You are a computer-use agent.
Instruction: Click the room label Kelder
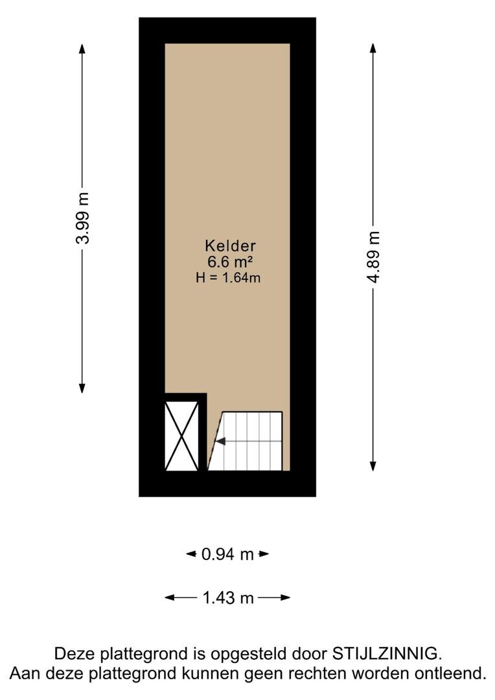pos(230,246)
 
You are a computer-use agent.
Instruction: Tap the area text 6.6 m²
pos(230,262)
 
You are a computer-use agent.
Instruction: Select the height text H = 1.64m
pos(228,277)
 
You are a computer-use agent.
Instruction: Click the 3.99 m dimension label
pos(82,218)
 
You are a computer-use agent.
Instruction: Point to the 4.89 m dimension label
pos(373,257)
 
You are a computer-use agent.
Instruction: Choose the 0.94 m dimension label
pos(227,554)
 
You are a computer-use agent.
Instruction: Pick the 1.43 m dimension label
pos(228,598)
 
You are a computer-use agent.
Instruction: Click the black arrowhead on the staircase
pos(220,441)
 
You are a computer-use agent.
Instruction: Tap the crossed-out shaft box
pos(181,436)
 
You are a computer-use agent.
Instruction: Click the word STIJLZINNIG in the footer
pos(387,653)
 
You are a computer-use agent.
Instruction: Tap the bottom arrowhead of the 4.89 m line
pos(373,466)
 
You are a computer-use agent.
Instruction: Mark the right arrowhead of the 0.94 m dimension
pos(264,554)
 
